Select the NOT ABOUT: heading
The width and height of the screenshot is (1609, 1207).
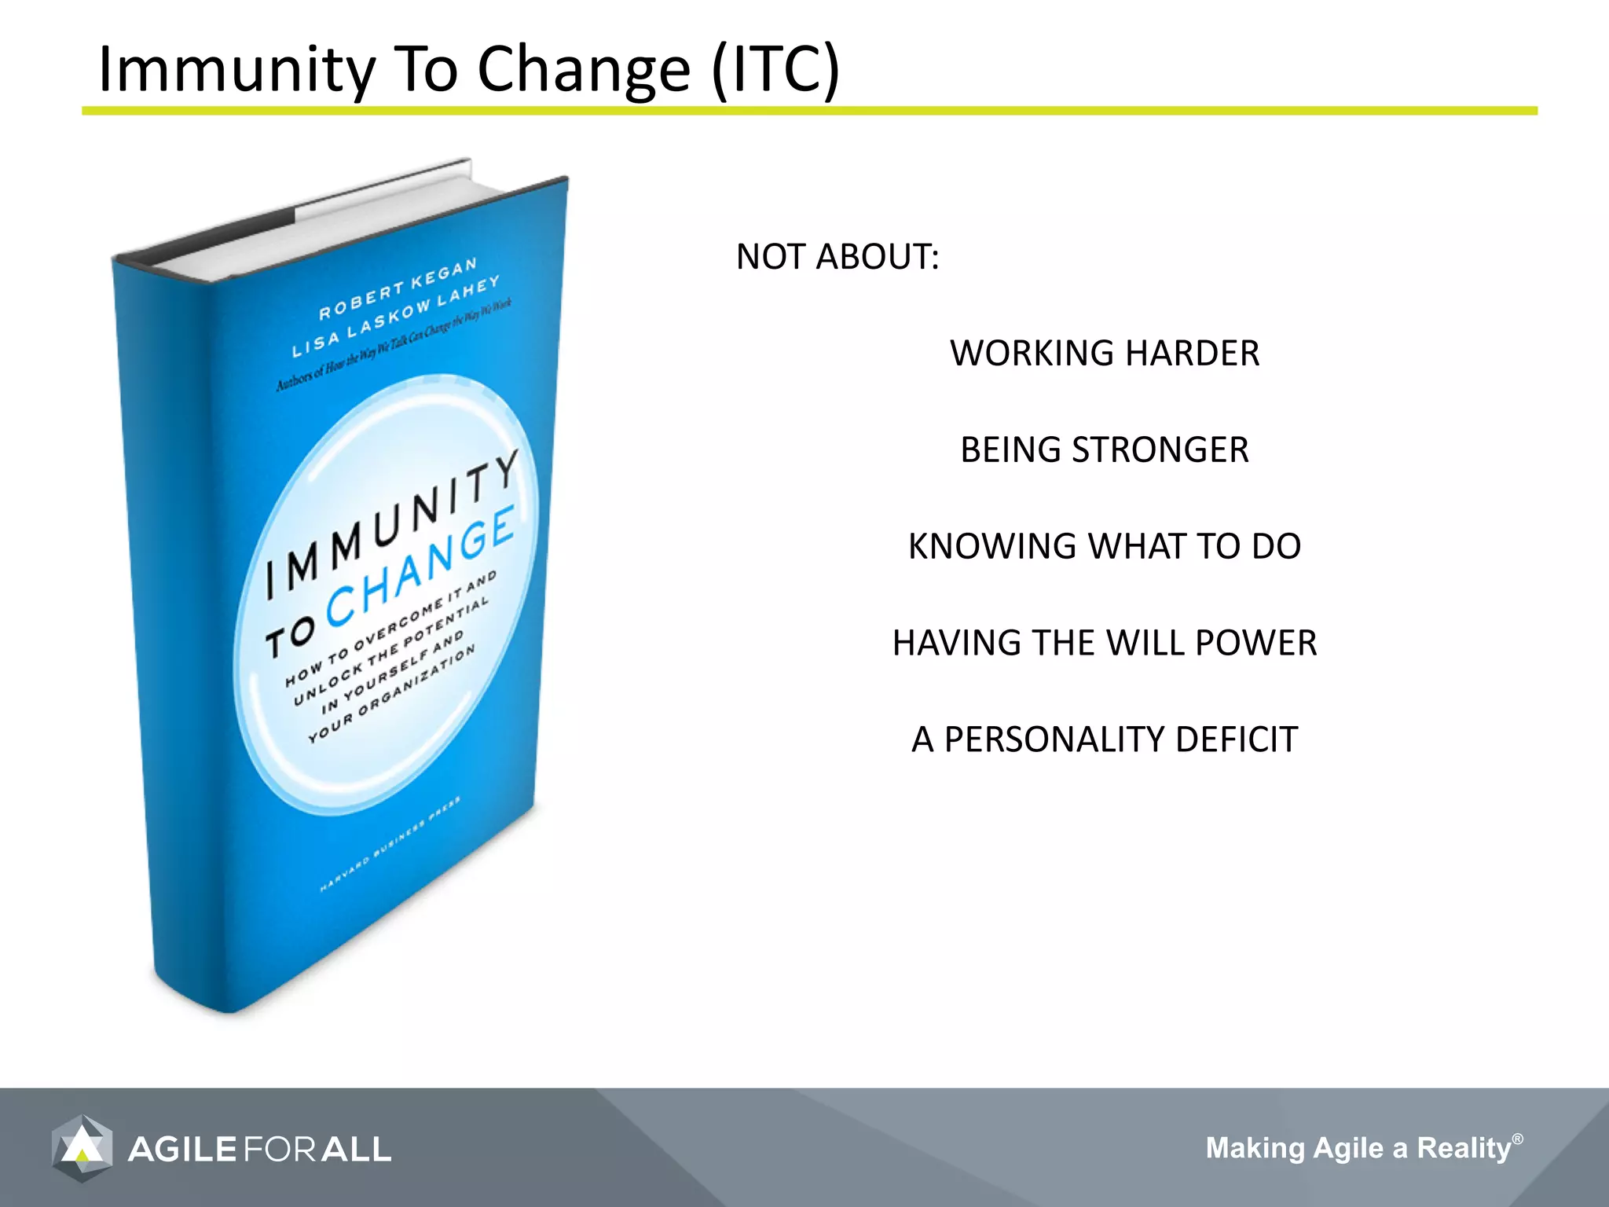click(837, 257)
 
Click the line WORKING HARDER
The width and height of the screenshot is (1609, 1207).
click(1104, 354)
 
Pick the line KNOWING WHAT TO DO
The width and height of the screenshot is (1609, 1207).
click(1104, 547)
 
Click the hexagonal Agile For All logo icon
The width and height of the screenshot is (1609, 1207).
click(82, 1148)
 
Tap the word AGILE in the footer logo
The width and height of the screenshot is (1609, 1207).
click(182, 1150)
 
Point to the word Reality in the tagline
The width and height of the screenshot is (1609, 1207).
click(1464, 1148)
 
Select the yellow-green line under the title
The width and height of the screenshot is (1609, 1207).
click(809, 112)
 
